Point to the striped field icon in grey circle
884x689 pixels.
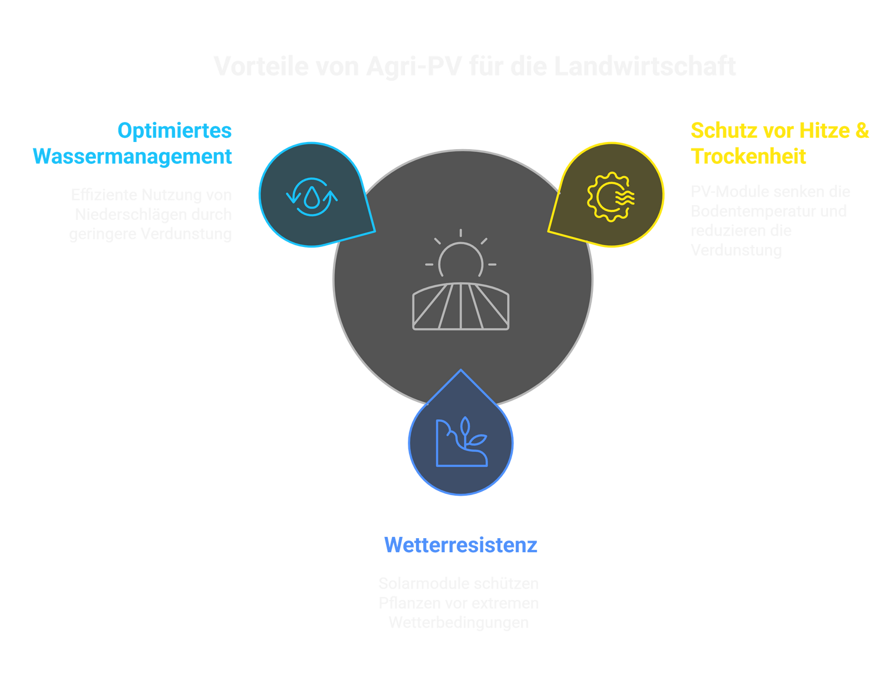461,306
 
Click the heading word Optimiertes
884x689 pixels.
174,130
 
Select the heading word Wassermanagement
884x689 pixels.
133,156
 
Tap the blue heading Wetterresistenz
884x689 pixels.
460,545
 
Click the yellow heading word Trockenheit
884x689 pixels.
748,156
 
